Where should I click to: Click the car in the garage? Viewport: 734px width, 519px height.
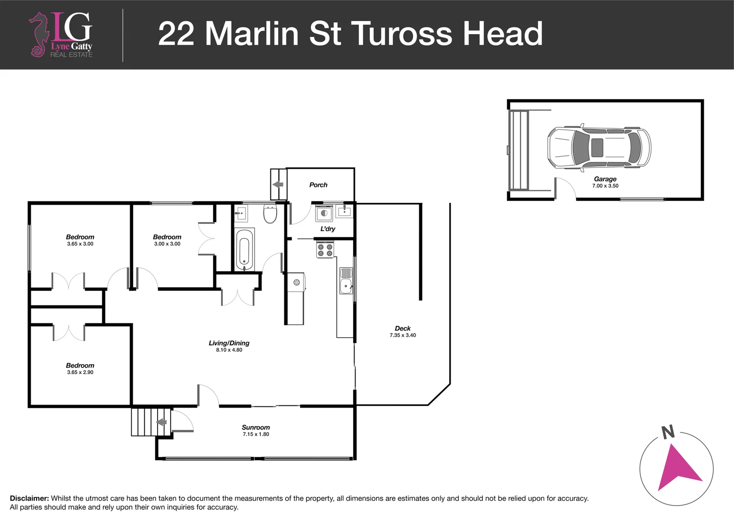coord(599,147)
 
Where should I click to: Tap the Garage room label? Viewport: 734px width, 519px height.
coord(605,179)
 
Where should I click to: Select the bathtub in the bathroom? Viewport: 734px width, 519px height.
coord(245,249)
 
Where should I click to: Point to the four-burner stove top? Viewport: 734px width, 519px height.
coord(325,250)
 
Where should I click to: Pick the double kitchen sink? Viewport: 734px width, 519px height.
coord(346,281)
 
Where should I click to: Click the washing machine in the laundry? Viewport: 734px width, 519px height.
coord(324,213)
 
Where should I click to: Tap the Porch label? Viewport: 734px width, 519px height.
coord(318,185)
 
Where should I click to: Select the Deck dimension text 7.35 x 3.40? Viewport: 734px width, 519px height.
coord(403,335)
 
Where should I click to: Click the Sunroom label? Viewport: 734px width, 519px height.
coord(256,427)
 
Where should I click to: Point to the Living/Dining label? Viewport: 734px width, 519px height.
coord(229,343)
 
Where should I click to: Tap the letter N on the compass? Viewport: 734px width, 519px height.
coord(668,432)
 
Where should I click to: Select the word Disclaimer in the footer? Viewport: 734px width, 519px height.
coord(29,498)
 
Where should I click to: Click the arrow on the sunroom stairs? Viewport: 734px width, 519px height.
coord(161,422)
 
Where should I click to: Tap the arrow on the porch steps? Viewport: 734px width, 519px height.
coord(278,185)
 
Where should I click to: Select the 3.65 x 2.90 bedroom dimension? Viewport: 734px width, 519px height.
coord(80,372)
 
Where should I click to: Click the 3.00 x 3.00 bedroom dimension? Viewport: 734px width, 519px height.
coord(167,244)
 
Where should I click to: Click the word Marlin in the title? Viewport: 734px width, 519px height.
coord(252,34)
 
